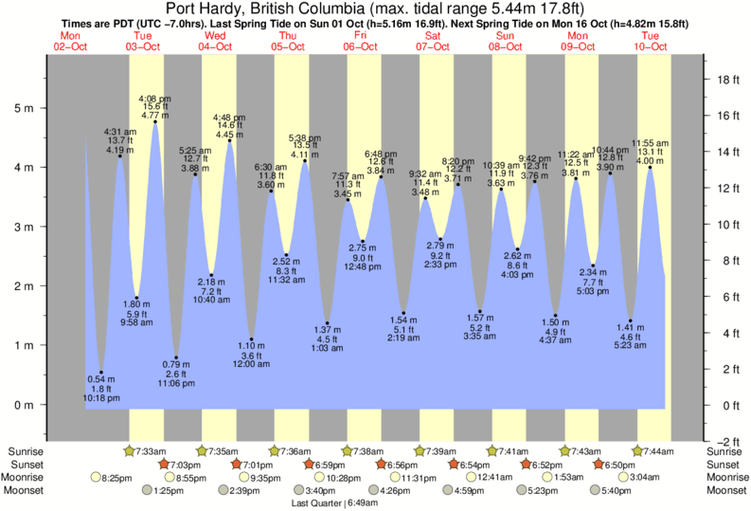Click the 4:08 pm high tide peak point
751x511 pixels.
155,121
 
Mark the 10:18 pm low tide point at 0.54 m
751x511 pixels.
101,373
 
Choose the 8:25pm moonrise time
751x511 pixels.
116,478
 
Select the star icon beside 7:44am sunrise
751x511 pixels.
638,450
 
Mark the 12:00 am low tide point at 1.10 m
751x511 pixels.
251,339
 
